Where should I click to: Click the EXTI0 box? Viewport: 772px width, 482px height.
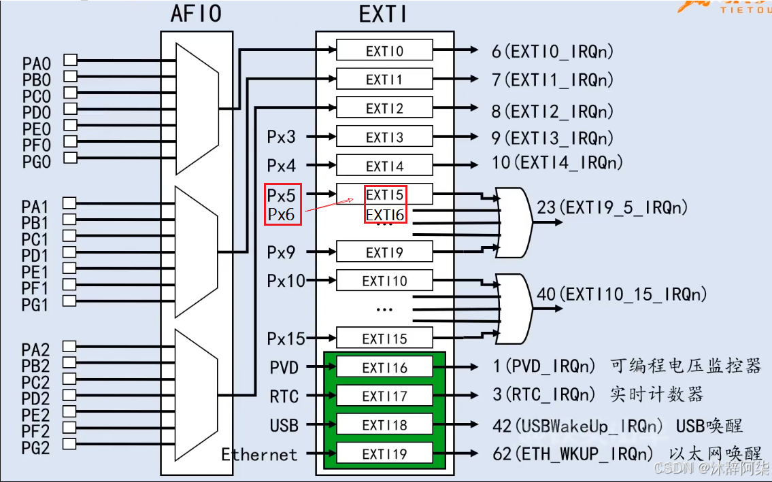384,50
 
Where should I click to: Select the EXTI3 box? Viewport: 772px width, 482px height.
384,137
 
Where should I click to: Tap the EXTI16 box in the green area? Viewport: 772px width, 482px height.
384,368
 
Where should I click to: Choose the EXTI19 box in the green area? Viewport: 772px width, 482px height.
384,453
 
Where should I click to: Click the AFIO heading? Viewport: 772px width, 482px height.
197,14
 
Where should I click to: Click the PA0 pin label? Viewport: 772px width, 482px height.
36,64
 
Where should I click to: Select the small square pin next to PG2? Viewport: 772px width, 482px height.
69,444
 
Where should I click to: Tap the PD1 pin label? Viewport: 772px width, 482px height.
35,256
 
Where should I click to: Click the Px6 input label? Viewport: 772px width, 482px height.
281,215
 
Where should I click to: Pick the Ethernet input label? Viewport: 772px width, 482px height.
259,455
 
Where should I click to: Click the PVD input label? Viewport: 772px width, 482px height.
284,368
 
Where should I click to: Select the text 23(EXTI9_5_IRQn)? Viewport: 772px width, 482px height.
612,207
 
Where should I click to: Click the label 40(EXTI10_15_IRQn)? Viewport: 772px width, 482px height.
622,294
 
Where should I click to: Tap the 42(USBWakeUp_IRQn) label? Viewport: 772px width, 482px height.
577,426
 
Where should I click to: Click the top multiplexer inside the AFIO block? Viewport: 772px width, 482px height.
197,109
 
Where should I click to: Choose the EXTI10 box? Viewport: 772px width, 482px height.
384,281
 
